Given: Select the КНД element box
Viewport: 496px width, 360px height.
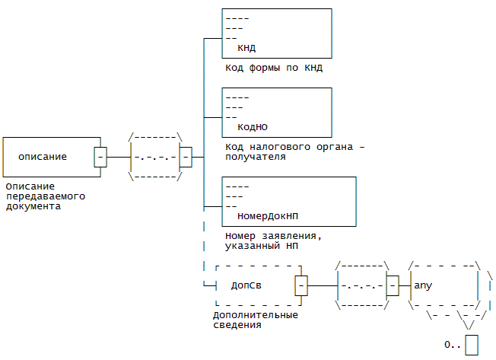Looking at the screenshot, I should pyautogui.click(x=276, y=33).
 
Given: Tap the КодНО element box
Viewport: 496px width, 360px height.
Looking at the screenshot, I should pyautogui.click(x=276, y=113).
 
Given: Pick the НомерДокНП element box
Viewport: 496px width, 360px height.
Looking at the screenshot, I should pyautogui.click(x=288, y=201).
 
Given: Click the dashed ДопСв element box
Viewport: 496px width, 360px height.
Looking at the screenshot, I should pyautogui.click(x=256, y=285).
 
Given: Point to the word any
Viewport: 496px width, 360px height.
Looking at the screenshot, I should pyautogui.click(x=423, y=285).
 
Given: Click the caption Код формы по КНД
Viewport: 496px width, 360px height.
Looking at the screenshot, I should pyautogui.click(x=274, y=68).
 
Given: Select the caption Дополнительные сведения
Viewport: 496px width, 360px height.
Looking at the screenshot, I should pyautogui.click(x=255, y=320).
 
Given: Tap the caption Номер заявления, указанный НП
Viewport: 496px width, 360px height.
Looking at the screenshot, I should pyautogui.click(x=273, y=241).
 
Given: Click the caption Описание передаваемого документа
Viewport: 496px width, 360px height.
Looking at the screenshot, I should pyautogui.click(x=44, y=196).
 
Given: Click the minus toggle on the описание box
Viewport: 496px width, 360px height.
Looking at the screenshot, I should pyautogui.click(x=100, y=157).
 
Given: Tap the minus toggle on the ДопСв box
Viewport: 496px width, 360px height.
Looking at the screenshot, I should pyautogui.click(x=301, y=285).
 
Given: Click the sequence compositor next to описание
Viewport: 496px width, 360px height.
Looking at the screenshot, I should pyautogui.click(x=155, y=157).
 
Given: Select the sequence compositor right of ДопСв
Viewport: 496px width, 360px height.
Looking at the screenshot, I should pyautogui.click(x=361, y=285).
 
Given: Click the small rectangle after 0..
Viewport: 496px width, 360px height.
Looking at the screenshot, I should pyautogui.click(x=472, y=344).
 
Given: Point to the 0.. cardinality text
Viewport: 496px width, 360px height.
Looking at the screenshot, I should pyautogui.click(x=453, y=345).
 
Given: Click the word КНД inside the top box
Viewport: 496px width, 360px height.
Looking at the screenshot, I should pyautogui.click(x=246, y=47).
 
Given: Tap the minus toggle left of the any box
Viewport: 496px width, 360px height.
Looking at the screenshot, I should pyautogui.click(x=393, y=285).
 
